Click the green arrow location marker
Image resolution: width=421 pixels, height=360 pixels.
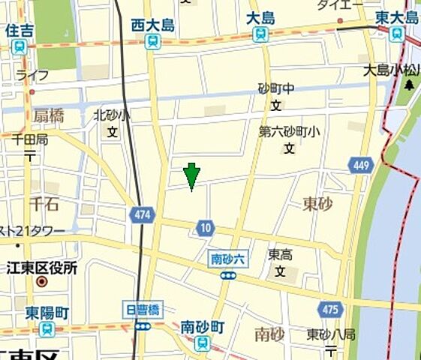click(191, 175)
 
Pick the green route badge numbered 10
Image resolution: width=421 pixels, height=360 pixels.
click(206, 227)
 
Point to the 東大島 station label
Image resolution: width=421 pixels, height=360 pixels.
click(397, 17)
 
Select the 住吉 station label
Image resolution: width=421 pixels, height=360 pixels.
click(19, 31)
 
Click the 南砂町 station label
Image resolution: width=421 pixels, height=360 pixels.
click(202, 328)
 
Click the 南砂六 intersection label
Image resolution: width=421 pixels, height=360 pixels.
click(228, 259)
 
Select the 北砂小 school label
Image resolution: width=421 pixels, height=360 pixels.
click(111, 115)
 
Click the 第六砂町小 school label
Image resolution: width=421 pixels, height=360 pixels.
click(289, 131)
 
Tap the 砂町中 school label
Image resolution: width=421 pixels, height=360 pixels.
click(275, 88)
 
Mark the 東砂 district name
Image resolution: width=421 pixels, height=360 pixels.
click(317, 203)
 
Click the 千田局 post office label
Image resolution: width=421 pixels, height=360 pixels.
click(30, 139)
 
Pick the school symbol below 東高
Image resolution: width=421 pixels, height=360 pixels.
click(281, 271)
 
